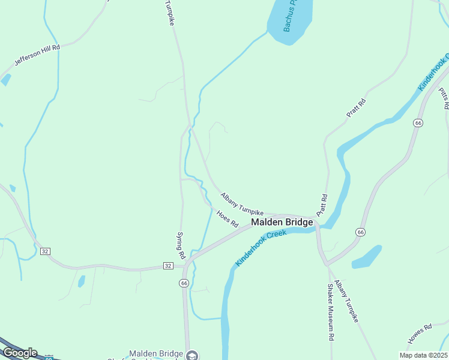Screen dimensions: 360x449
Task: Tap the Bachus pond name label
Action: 290,16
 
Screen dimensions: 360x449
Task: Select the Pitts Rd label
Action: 444,98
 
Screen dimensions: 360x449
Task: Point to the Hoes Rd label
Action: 228,218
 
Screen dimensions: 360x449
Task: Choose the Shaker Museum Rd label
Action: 330,313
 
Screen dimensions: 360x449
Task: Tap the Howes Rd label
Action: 420,334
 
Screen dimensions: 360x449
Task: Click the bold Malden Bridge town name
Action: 282,222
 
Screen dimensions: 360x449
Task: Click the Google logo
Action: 20,353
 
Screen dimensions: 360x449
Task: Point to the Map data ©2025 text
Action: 423,355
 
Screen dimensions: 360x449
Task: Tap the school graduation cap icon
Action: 191,355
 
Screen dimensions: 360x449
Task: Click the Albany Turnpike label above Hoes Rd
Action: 242,204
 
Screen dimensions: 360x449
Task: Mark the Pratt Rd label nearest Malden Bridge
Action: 324,205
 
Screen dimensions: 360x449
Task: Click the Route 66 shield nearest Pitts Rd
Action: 418,122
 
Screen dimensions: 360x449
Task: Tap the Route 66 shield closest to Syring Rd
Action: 184,283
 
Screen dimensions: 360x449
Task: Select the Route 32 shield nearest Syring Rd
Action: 169,265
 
